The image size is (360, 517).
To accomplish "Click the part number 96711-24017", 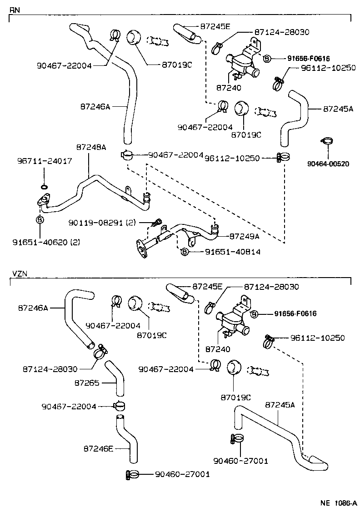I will (x=44, y=161).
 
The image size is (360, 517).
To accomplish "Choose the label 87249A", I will (x=244, y=236).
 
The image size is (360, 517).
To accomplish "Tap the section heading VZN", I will (x=20, y=274).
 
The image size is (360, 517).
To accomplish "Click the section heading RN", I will (x=15, y=9).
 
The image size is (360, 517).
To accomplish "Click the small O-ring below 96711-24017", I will (x=44, y=187).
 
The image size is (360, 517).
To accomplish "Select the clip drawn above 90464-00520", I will (x=326, y=142).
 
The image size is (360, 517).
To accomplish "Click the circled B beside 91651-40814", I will (x=185, y=252).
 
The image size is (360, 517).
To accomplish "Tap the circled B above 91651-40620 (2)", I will (x=39, y=219).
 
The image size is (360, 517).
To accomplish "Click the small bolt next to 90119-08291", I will (x=157, y=222).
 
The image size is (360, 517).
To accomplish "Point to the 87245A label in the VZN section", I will (x=280, y=404).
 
